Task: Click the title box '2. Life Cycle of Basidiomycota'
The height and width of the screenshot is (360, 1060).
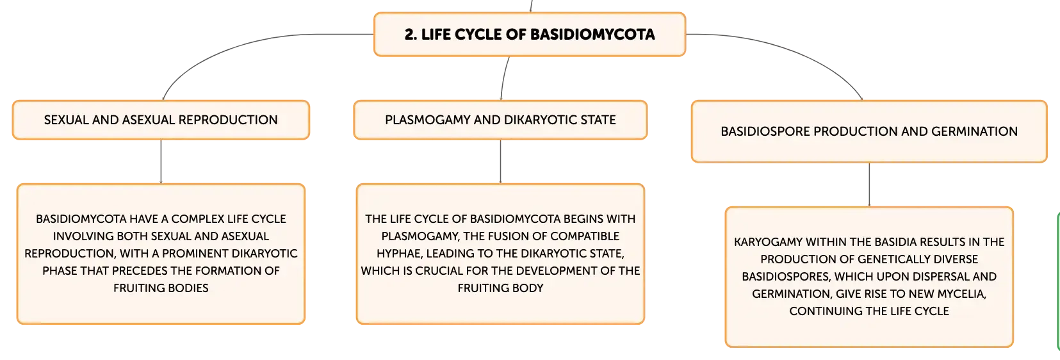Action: point(530,35)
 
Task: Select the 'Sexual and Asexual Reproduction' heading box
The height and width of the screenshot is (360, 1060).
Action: point(161,120)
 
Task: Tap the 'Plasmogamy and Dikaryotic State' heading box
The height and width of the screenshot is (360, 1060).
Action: point(500,120)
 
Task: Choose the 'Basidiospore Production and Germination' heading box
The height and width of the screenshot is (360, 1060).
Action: point(869,131)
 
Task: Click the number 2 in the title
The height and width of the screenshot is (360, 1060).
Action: point(409,35)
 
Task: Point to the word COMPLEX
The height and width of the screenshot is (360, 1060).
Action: point(197,219)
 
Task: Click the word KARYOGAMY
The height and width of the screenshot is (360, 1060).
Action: point(768,242)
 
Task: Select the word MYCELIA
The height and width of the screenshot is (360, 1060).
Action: point(961,294)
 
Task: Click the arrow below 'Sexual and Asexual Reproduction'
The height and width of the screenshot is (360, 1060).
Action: point(161,162)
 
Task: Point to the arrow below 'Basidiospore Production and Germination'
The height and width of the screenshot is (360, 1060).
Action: point(869,185)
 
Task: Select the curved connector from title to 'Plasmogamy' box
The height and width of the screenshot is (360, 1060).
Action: point(503,78)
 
